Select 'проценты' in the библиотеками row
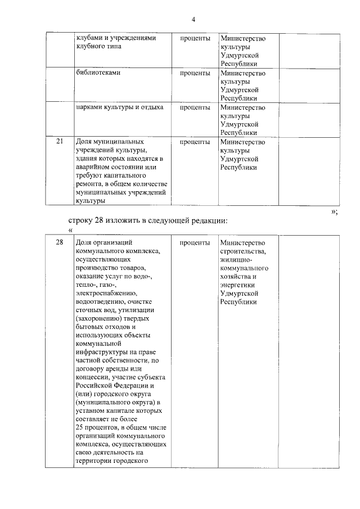tap(195, 73)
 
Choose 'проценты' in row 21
tap(195, 142)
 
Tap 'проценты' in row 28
tap(195, 243)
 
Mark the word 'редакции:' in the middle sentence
tap(210, 220)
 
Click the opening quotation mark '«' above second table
tap(70, 230)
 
